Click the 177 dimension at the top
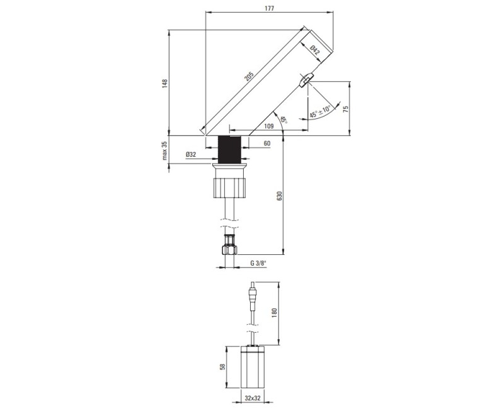click(x=270, y=8)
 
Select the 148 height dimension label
click(x=165, y=84)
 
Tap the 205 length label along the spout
click(x=249, y=77)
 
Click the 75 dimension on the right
click(x=345, y=109)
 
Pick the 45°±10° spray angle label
click(x=320, y=111)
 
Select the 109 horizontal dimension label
click(x=268, y=126)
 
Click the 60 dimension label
click(x=266, y=143)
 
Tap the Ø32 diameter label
click(x=191, y=154)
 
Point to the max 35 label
click(x=165, y=150)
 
